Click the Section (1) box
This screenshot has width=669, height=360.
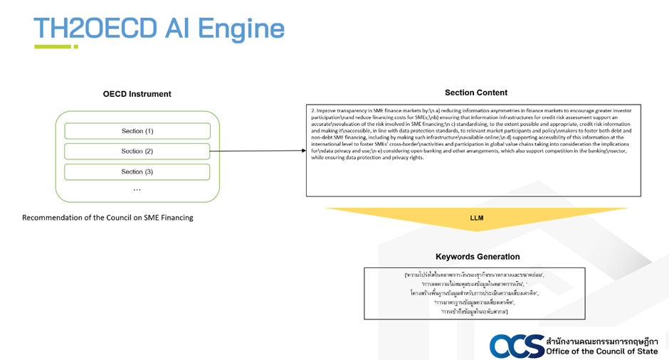137,131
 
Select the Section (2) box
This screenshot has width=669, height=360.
137,151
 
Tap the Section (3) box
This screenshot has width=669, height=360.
137,171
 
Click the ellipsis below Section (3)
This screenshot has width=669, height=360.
137,189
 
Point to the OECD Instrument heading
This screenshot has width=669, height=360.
137,94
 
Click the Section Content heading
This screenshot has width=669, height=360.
476,92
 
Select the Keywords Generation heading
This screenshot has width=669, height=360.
478,257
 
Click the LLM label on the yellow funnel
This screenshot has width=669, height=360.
477,218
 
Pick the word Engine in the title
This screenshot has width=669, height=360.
241,28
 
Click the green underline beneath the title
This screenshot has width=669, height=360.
56,47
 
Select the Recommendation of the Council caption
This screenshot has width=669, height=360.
107,217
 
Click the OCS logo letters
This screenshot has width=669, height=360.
516,346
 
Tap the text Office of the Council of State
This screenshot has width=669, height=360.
602,351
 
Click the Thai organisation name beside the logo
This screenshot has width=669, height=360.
602,340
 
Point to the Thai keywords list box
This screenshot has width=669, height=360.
474,292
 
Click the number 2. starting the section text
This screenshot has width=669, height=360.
313,111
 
